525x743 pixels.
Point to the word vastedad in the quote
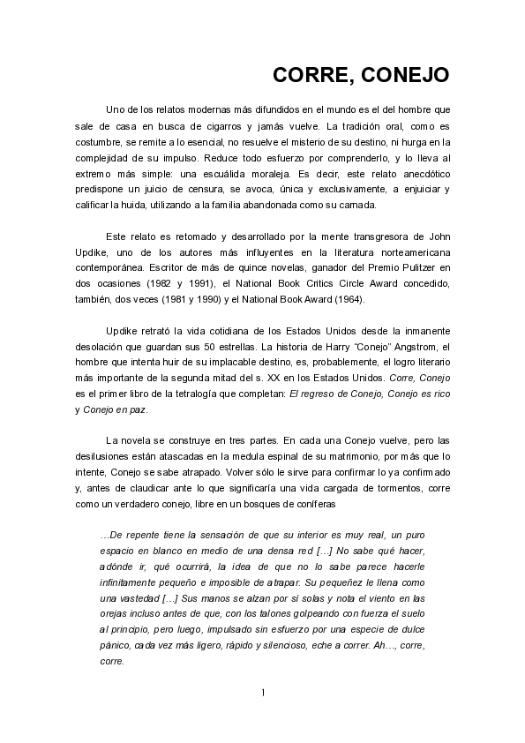point(133,598)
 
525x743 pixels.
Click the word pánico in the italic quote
point(116,646)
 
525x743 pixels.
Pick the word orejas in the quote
point(116,614)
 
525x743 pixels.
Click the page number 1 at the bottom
point(262,692)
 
